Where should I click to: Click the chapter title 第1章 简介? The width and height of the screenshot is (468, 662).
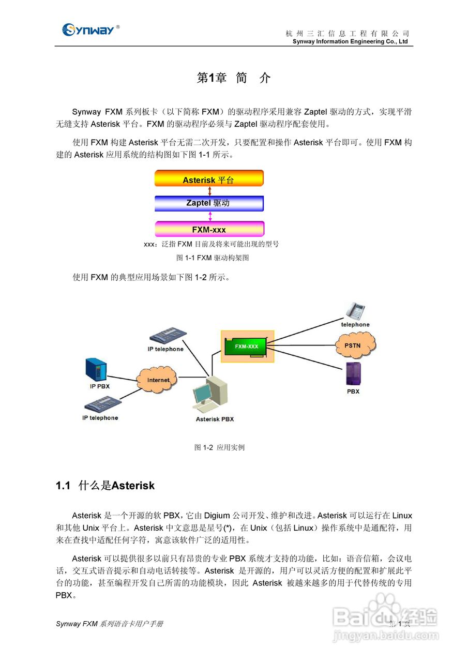pyautogui.click(x=234, y=78)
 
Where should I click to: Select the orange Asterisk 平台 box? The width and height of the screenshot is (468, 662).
pyautogui.click(x=209, y=178)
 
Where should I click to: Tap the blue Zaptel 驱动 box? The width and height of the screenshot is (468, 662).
pyautogui.click(x=209, y=203)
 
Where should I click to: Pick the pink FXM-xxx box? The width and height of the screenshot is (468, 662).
pyautogui.click(x=209, y=229)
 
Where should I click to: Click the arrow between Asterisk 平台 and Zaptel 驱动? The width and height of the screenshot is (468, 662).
pyautogui.click(x=210, y=191)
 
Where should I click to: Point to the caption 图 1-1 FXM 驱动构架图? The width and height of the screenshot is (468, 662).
pyautogui.click(x=213, y=258)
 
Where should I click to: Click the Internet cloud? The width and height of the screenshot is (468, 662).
pyautogui.click(x=158, y=380)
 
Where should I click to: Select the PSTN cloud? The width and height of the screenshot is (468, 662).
pyautogui.click(x=356, y=345)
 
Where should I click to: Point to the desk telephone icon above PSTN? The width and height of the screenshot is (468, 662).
pyautogui.click(x=355, y=310)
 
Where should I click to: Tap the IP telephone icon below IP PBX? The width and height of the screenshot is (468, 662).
pyautogui.click(x=101, y=404)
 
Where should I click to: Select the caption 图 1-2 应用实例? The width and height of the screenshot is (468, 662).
pyautogui.click(x=219, y=447)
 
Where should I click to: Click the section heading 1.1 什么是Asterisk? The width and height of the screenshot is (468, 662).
pyautogui.click(x=105, y=486)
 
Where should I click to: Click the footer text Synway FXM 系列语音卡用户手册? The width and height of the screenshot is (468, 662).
pyautogui.click(x=110, y=624)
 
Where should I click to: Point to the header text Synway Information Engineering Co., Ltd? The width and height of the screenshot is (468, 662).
pyautogui.click(x=350, y=42)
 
